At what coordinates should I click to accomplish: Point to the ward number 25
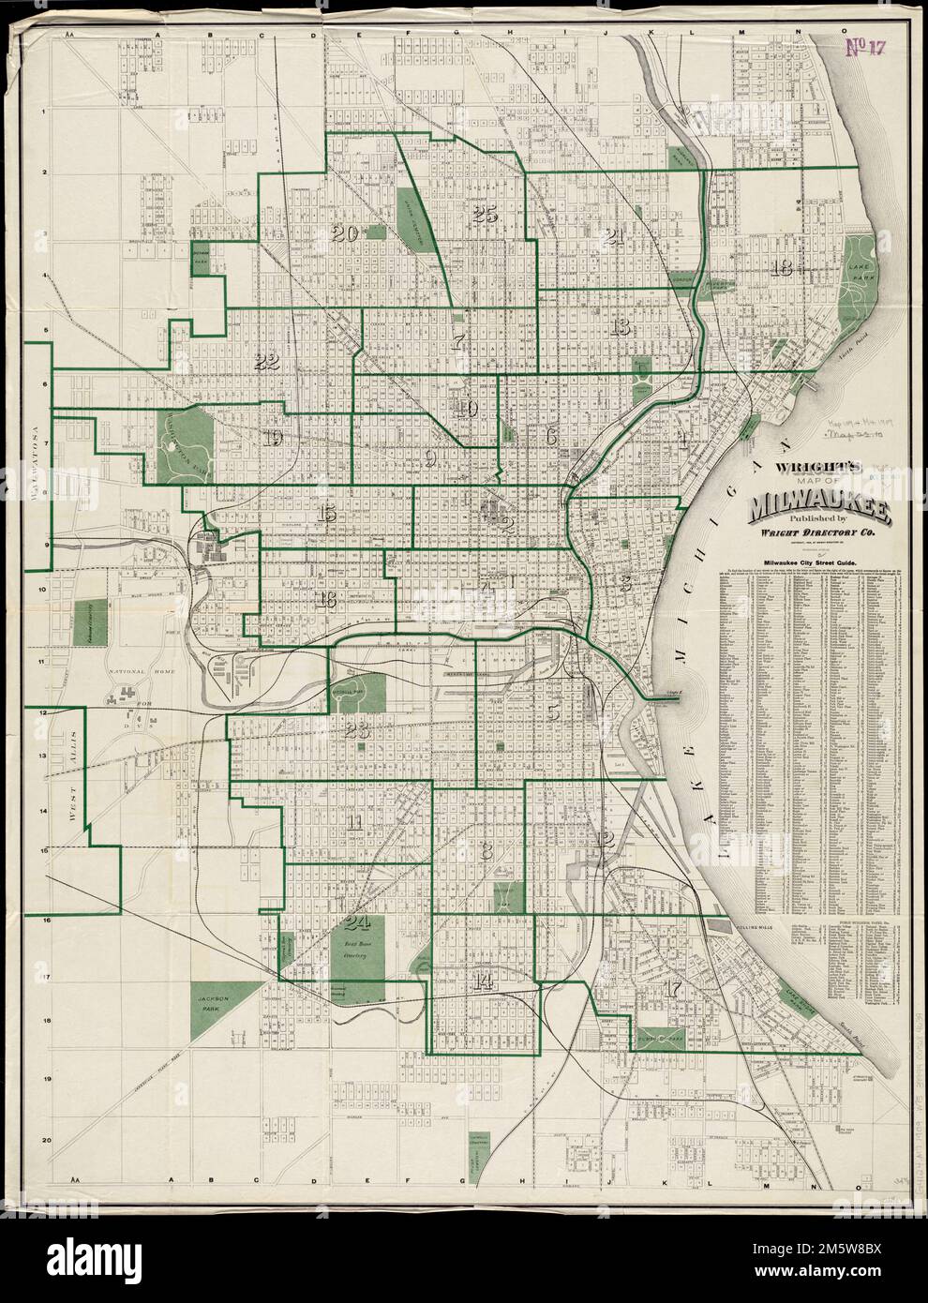click(x=485, y=215)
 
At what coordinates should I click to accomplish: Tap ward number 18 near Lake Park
click(x=781, y=269)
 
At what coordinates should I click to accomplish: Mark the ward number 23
click(x=357, y=731)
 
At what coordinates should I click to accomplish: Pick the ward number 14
click(x=484, y=981)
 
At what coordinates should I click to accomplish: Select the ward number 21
click(x=615, y=235)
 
